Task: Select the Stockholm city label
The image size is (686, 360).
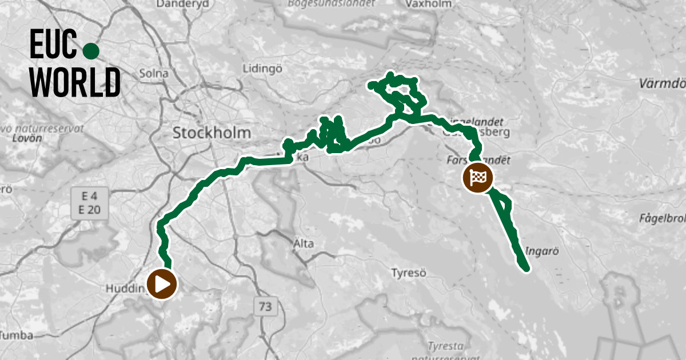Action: pos(212,133)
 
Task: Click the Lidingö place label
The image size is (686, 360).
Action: pos(263,69)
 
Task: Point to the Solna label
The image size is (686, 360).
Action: pos(154,74)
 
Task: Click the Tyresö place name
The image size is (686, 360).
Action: pos(408,273)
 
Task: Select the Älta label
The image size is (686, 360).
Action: pos(303,244)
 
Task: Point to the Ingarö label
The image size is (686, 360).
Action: pos(541,251)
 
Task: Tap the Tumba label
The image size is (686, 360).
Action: pos(17,335)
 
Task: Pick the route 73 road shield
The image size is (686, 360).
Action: pos(264,306)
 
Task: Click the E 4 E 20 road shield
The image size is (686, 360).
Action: pos(89,204)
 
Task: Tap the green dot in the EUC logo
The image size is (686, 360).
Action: pos(91,51)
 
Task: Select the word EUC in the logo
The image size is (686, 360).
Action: pos(53,45)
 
